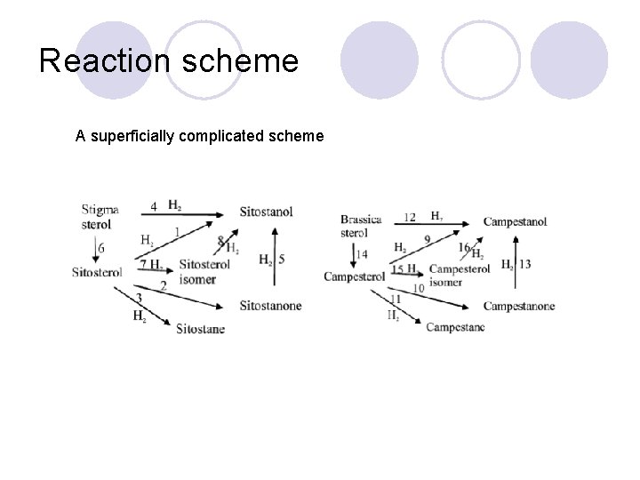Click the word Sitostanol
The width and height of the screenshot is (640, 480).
(266, 212)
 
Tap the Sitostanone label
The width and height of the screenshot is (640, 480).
(270, 306)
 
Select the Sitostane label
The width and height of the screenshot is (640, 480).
(200, 330)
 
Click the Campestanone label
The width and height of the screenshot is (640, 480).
(518, 307)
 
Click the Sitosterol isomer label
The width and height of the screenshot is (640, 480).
(204, 272)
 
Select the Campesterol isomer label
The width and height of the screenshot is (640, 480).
(459, 276)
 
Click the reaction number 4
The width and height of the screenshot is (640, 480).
(154, 206)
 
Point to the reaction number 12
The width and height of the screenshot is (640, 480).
(410, 217)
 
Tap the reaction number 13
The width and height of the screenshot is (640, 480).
(525, 264)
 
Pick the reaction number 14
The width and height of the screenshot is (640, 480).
(362, 254)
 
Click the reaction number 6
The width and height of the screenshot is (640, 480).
(100, 248)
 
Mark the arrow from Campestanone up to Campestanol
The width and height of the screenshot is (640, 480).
(516, 264)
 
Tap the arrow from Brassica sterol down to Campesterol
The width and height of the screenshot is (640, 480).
(353, 254)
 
